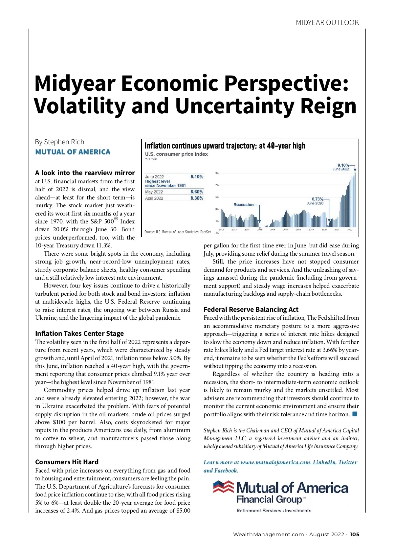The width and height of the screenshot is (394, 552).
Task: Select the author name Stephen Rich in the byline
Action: tap(64, 142)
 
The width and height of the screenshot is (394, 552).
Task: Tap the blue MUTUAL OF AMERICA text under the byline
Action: tap(73, 152)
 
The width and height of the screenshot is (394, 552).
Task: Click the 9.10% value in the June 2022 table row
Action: tap(197, 177)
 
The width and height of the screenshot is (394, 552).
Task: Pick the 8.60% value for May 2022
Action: tap(197, 192)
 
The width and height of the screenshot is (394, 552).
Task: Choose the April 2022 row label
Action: tap(154, 198)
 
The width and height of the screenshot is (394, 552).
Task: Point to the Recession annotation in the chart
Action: tap(243, 205)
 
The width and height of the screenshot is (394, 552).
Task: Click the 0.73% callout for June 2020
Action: tap(317, 199)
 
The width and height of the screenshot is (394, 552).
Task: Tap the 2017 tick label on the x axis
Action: tap(285, 230)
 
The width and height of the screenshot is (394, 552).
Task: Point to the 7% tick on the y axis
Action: tap(217, 185)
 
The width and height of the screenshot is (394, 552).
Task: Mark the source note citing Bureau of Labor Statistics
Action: tap(178, 232)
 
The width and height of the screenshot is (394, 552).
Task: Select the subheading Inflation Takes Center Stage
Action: tap(79, 334)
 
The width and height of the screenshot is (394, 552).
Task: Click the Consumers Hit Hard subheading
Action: tap(67, 462)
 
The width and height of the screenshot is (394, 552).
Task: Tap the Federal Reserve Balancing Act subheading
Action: tap(251, 310)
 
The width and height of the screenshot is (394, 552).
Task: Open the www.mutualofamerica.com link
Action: tap(275, 463)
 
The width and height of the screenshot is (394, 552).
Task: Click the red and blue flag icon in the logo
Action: tap(223, 487)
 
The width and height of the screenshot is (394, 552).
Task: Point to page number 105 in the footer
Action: tap(354, 535)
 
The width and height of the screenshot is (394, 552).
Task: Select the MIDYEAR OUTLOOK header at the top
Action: tap(327, 23)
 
